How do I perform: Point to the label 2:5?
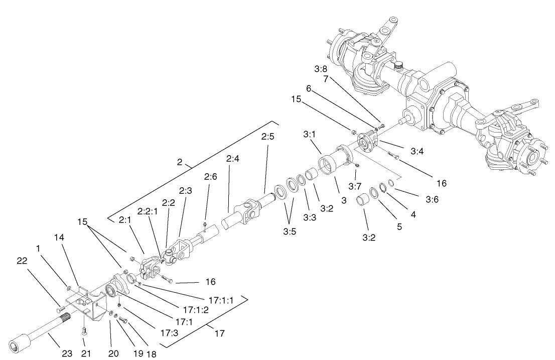267,137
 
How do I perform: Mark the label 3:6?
432,199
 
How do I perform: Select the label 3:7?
356,187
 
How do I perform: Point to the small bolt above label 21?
84,330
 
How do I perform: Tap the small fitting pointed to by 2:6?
206,224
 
